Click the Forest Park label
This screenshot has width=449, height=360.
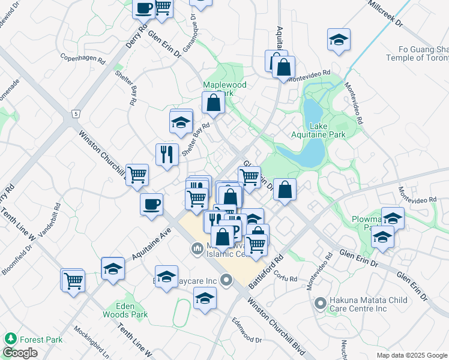[40, 339]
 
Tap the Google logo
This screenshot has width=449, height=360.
[19, 353]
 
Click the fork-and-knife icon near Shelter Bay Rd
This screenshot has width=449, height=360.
[167, 154]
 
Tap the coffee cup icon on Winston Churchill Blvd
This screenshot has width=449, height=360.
[151, 204]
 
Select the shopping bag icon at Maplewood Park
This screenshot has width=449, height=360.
[213, 103]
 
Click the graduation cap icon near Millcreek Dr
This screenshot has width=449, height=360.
[339, 40]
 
